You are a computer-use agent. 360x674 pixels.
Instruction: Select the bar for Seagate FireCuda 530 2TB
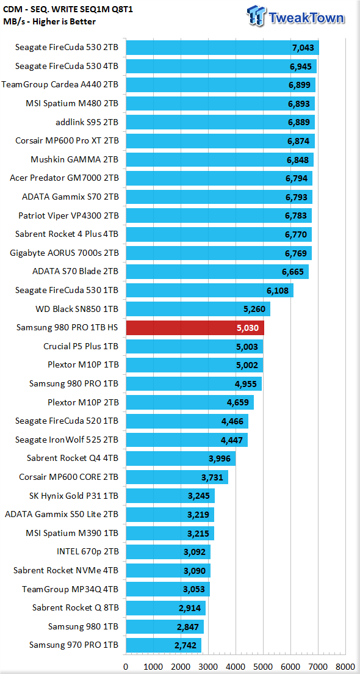(x=222, y=48)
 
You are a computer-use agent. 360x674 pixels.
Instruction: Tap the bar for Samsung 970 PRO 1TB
(x=164, y=645)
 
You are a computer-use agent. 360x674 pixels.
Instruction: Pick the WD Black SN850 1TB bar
(x=198, y=309)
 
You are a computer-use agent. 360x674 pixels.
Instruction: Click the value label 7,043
(x=304, y=48)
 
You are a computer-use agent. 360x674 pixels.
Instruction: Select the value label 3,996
(x=220, y=458)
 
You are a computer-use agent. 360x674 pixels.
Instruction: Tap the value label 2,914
(x=190, y=608)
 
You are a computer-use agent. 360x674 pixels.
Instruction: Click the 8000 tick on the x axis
(x=346, y=667)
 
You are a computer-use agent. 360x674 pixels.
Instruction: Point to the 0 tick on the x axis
(x=126, y=667)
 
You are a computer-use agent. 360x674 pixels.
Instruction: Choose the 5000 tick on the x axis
(x=264, y=667)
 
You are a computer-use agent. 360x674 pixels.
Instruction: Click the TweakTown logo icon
(x=256, y=16)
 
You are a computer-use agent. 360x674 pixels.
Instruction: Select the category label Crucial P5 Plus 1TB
(x=81, y=346)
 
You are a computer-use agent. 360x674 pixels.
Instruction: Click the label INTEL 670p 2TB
(x=88, y=552)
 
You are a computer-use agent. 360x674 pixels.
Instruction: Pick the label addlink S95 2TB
(x=87, y=123)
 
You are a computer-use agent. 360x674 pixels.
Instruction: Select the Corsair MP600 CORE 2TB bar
(x=176, y=477)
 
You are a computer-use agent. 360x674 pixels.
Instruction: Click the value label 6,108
(x=278, y=291)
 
